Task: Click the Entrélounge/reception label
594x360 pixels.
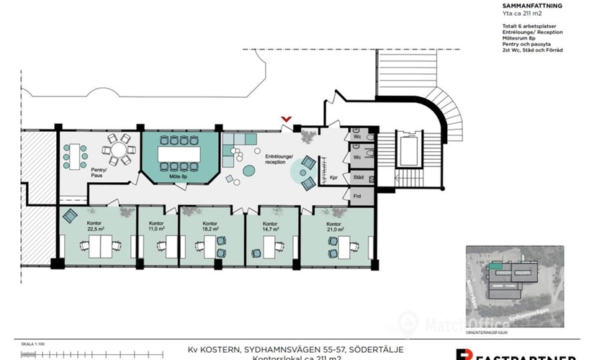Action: tap(280, 159)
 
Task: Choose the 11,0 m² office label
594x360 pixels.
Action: tap(157, 227)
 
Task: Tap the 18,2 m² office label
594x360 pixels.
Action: tap(210, 227)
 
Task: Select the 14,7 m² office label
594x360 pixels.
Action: tap(270, 227)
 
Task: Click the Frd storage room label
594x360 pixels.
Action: tap(357, 194)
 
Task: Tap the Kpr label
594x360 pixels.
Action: tap(333, 176)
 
